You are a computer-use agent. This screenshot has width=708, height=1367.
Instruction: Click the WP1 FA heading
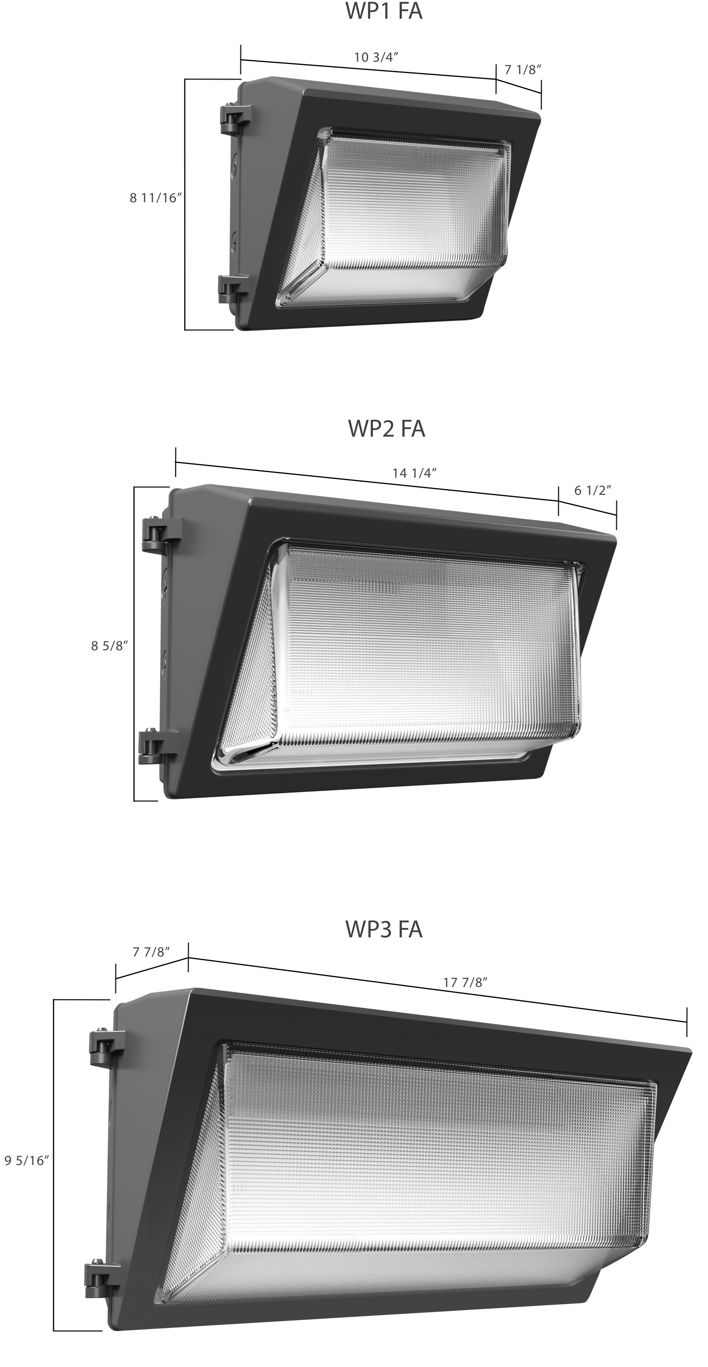point(384,11)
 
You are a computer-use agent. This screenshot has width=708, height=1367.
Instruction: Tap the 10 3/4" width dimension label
point(376,57)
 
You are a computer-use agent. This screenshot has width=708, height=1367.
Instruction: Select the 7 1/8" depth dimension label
point(523,70)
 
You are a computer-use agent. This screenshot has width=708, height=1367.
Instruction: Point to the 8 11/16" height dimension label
point(156,198)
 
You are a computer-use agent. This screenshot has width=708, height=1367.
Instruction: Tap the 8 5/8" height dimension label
point(110,646)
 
